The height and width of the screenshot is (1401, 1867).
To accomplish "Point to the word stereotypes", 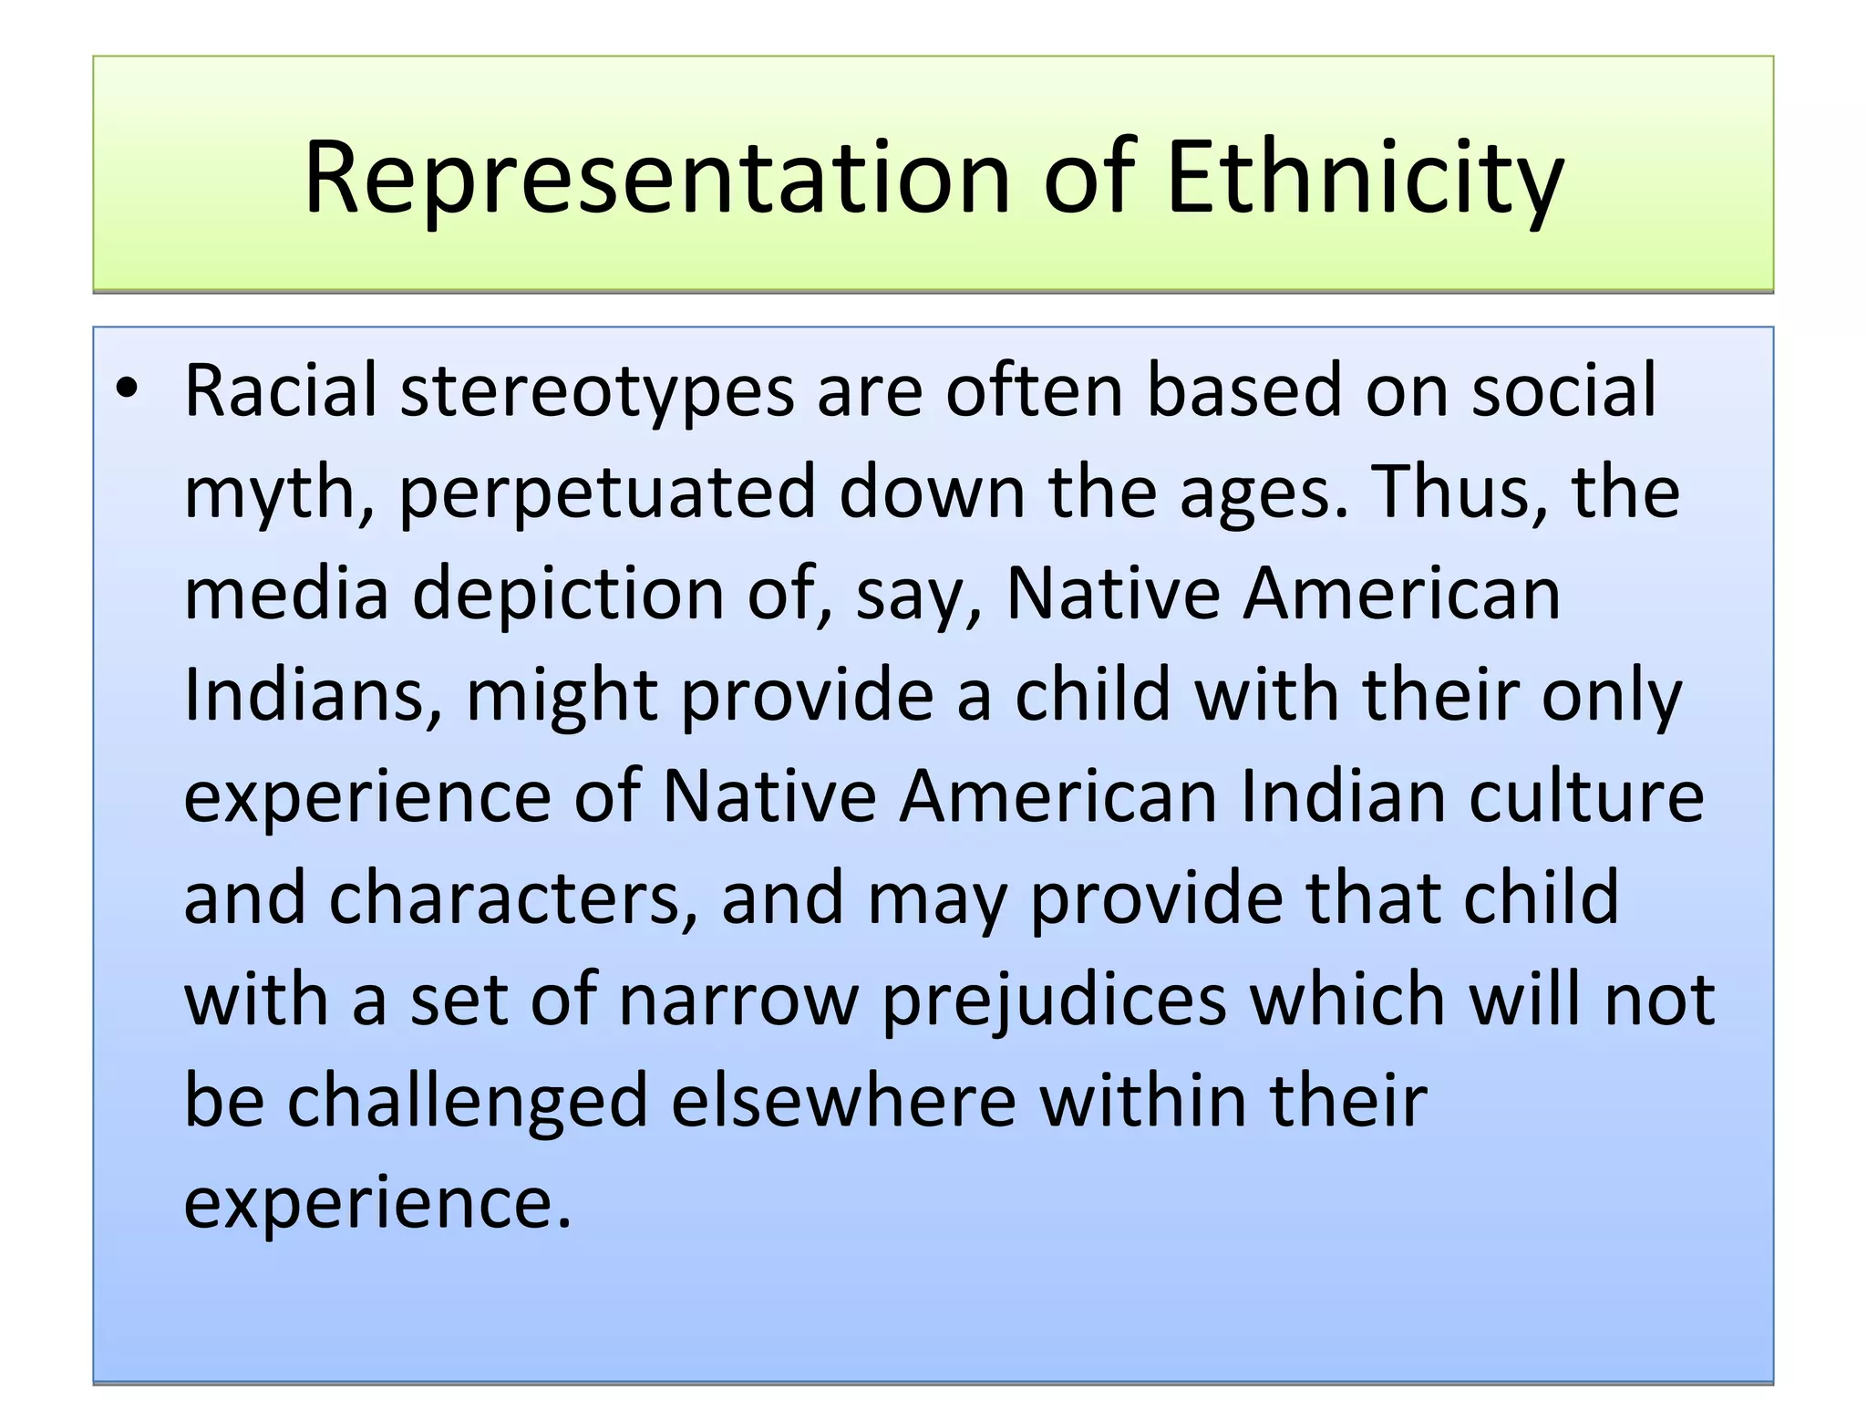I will [597, 392].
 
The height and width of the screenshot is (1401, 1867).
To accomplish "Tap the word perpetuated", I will [606, 493].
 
